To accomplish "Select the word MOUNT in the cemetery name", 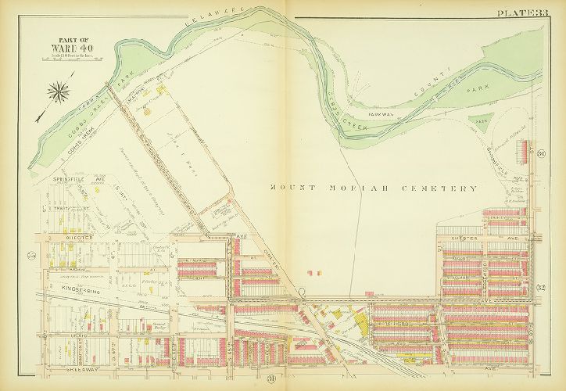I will pos(293,188).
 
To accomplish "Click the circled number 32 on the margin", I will pos(540,289).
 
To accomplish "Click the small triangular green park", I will pos(480,123).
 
